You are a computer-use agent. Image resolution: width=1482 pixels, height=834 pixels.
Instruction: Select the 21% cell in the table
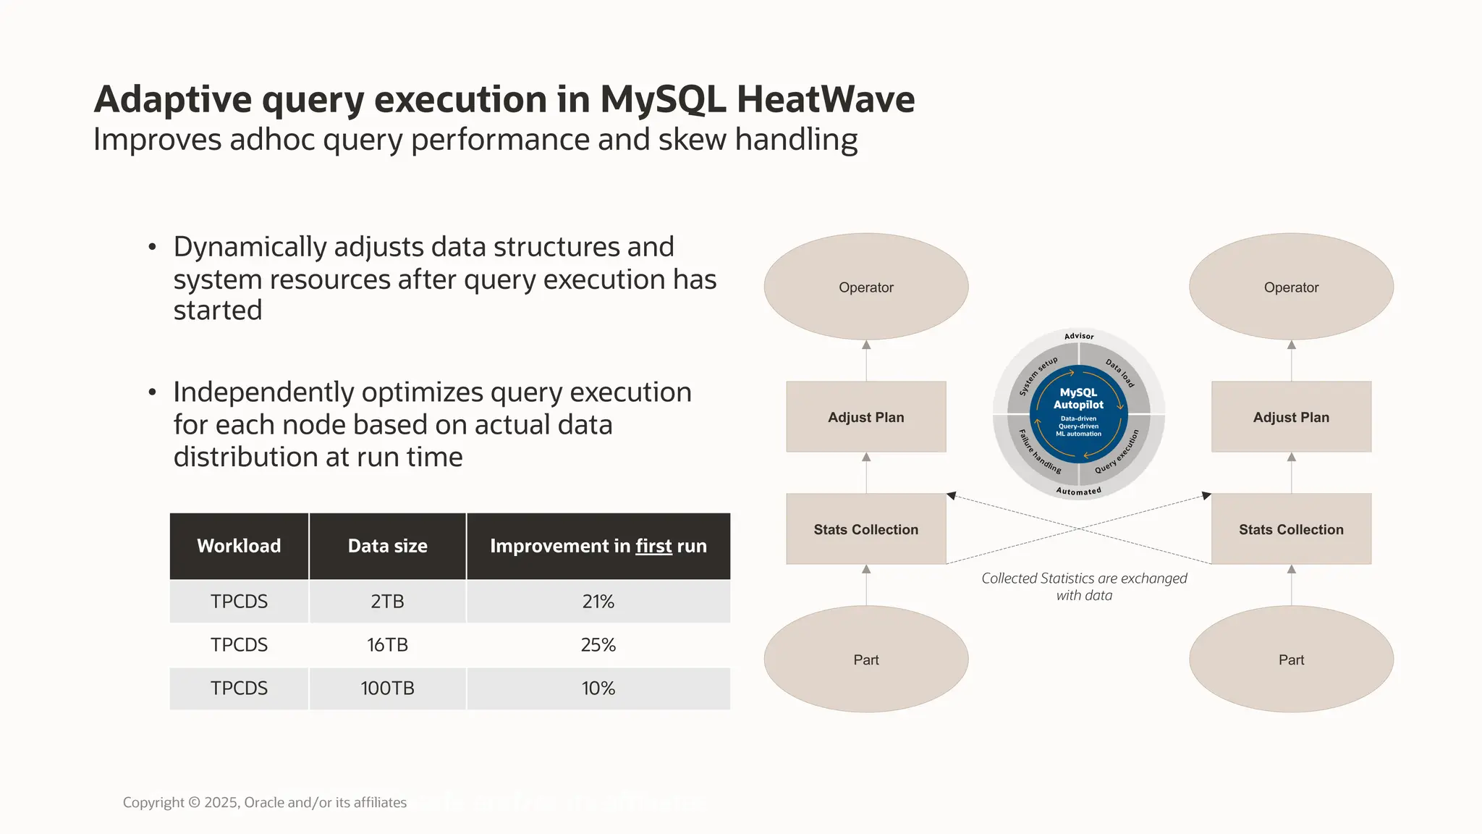click(598, 602)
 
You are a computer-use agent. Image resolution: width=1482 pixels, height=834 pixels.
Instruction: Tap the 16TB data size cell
click(387, 644)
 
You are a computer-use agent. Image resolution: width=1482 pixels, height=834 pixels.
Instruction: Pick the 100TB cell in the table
click(387, 688)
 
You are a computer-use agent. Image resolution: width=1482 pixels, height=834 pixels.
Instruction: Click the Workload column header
click(239, 546)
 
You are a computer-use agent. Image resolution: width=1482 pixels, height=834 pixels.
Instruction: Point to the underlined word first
click(653, 546)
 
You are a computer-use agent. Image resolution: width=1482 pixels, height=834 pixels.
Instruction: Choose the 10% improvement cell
click(598, 688)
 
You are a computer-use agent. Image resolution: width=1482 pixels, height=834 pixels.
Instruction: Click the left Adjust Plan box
click(865, 417)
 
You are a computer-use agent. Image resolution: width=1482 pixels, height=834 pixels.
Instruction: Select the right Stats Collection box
click(1291, 529)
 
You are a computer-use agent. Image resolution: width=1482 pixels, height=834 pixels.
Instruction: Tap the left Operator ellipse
click(865, 287)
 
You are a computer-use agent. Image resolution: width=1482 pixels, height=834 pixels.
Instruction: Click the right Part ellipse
click(1291, 659)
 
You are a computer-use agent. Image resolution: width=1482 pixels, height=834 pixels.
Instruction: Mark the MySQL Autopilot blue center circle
click(1078, 413)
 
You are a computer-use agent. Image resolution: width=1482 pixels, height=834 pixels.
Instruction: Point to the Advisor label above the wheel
click(1079, 336)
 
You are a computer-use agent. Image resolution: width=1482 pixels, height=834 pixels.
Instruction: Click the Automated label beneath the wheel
click(1078, 492)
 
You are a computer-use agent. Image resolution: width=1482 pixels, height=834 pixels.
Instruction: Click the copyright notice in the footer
click(264, 802)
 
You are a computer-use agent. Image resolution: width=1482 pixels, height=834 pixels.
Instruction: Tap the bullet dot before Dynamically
click(152, 248)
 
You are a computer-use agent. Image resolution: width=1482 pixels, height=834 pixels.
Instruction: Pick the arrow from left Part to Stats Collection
click(866, 585)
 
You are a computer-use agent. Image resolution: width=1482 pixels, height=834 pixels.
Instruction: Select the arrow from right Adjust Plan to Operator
click(1292, 361)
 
